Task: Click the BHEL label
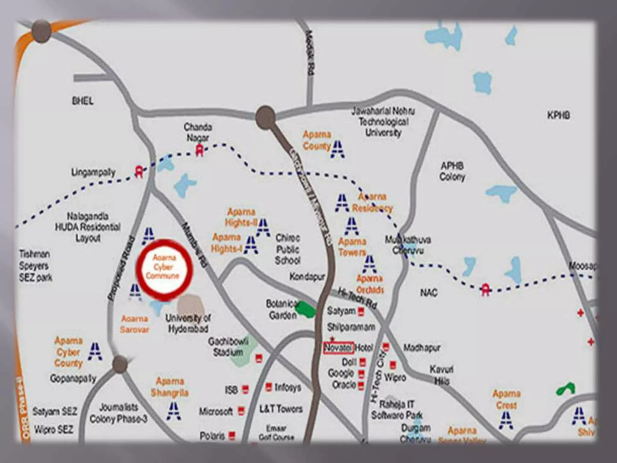pos(83,101)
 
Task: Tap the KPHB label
pos(559,115)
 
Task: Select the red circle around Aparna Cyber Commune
pos(164,270)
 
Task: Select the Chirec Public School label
pos(288,249)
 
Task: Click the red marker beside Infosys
pos(268,386)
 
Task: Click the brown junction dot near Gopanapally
pos(120,364)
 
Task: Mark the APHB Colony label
pos(452,171)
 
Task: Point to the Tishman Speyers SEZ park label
pos(36,266)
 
